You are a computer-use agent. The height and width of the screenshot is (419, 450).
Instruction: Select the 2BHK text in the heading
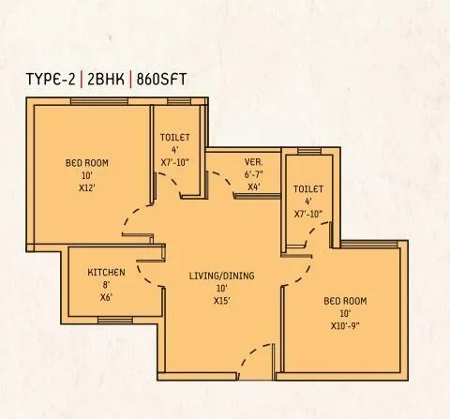pyautogui.click(x=109, y=78)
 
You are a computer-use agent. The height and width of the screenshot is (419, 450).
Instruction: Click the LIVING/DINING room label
pyautogui.click(x=221, y=275)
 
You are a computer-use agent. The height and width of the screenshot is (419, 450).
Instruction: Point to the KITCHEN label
pyautogui.click(x=106, y=272)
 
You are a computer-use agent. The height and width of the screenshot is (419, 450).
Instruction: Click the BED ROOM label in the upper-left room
pyautogui.click(x=87, y=162)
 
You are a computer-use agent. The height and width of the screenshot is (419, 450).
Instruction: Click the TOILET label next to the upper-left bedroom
pyautogui.click(x=175, y=136)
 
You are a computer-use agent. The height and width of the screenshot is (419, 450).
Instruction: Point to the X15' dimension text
pyautogui.click(x=221, y=301)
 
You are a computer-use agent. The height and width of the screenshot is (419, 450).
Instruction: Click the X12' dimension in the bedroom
pyautogui.click(x=87, y=188)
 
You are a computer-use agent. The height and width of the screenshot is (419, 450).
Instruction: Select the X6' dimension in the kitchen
pyautogui.click(x=106, y=297)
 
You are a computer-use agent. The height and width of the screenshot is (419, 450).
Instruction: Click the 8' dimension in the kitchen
pyautogui.click(x=106, y=285)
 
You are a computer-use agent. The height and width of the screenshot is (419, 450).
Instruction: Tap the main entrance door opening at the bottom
pyautogui.click(x=257, y=361)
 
